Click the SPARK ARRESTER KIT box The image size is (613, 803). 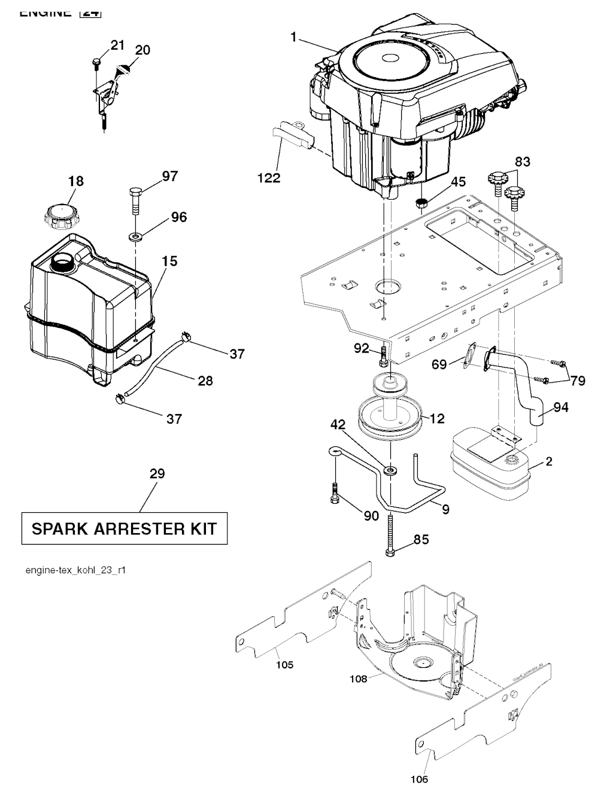(125, 528)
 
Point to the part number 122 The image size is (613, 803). (269, 178)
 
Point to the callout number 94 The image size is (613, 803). (560, 407)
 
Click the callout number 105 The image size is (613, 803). (285, 665)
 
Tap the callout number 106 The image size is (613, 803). (420, 779)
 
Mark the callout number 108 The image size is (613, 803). (359, 679)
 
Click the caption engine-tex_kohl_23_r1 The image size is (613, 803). (75, 570)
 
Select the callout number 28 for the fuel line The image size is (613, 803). (205, 381)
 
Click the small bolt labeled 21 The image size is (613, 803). (96, 62)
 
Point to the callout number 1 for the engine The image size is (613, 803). (293, 37)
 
